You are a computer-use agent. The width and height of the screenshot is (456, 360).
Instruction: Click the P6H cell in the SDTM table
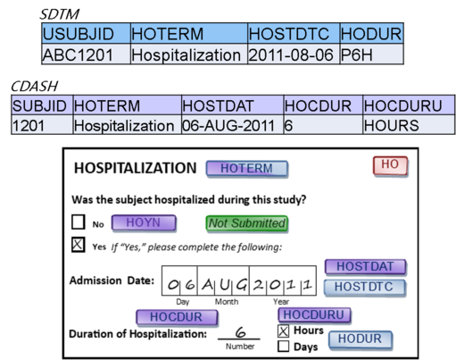[371, 54]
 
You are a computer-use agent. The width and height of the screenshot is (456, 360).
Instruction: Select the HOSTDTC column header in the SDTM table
[294, 33]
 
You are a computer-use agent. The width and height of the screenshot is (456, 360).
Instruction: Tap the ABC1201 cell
[86, 54]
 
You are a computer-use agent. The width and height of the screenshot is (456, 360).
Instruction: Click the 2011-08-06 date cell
[294, 54]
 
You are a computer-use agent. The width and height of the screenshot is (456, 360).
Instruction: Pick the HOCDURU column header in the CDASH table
[409, 105]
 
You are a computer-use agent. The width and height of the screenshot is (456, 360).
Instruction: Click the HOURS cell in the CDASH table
[409, 125]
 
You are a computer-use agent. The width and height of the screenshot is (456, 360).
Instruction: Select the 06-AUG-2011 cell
[232, 125]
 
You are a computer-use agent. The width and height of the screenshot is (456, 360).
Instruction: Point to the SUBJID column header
[42, 105]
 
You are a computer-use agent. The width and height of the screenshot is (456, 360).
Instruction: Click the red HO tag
[390, 165]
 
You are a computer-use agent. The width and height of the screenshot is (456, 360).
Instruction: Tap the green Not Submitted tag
[247, 223]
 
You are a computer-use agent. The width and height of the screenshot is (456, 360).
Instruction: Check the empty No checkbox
[79, 222]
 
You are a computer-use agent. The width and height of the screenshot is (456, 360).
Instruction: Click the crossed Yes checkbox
[79, 245]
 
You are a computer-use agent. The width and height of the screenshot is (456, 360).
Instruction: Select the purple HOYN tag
[144, 223]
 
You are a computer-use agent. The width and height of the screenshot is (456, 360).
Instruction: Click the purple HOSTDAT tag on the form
[365, 267]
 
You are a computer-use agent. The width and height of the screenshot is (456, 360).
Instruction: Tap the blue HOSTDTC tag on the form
[364, 288]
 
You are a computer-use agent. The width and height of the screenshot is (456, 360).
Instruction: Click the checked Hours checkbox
[283, 331]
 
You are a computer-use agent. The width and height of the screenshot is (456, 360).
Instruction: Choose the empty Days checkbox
[283, 347]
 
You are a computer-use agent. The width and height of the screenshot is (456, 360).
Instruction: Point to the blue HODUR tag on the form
[361, 339]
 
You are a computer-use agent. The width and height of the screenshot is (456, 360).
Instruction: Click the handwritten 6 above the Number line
[240, 331]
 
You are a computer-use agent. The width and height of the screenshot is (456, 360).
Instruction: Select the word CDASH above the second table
[34, 87]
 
